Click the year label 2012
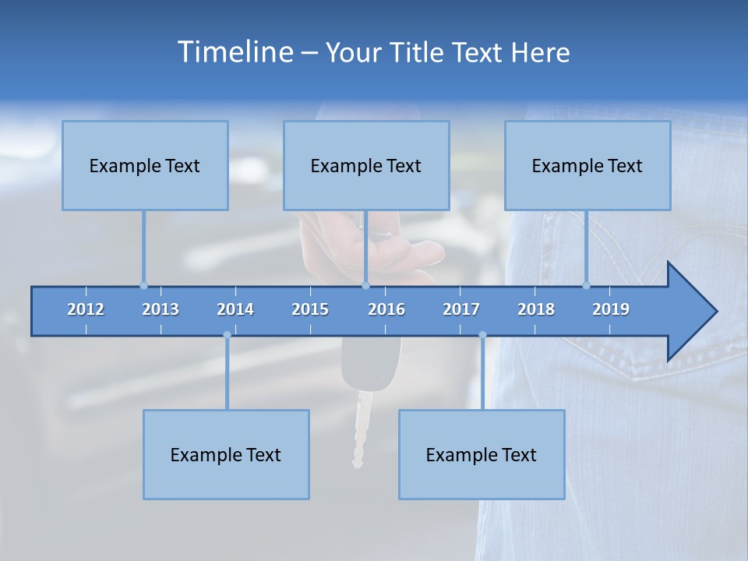[86, 309]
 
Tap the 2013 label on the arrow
[161, 309]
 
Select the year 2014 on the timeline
[235, 309]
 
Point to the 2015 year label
[310, 309]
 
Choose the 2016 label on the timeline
[386, 309]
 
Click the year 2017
[461, 309]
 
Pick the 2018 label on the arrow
[536, 309]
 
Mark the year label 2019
[611, 309]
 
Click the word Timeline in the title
[235, 52]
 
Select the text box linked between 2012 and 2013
[145, 165]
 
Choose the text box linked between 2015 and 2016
[366, 165]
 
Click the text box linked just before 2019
[587, 165]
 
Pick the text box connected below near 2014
[226, 454]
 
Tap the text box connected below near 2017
[482, 454]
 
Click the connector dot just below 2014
[227, 335]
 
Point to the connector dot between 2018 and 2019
[587, 285]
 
